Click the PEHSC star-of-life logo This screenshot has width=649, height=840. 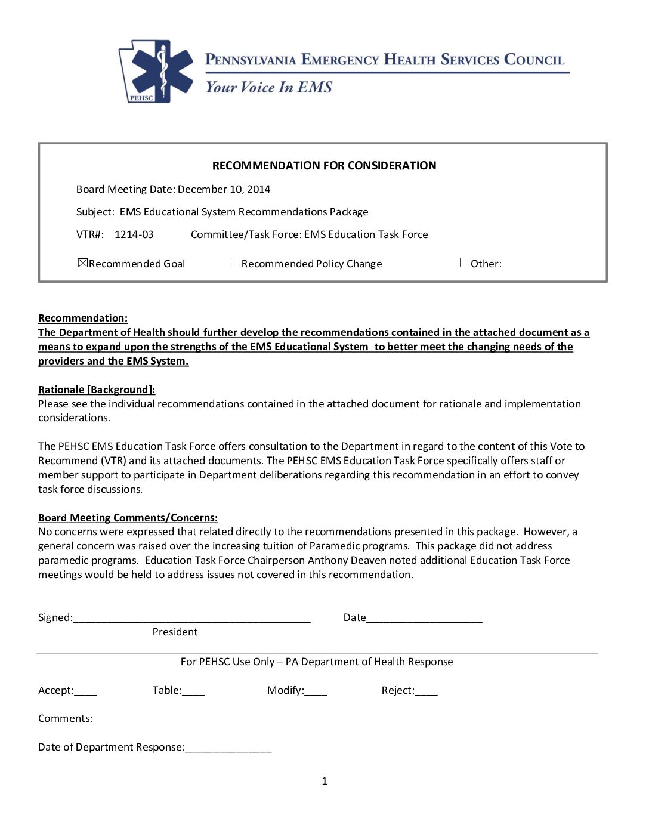coord(157,72)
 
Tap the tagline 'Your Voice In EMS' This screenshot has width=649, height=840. coord(268,87)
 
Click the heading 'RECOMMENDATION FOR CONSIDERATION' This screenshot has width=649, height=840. coord(324,166)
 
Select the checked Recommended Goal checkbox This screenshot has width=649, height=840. coord(83,262)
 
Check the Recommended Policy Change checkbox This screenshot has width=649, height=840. coord(236,262)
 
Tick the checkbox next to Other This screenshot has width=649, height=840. coord(465,262)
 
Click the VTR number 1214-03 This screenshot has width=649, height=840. coord(134,234)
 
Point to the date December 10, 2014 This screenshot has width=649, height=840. coord(224,189)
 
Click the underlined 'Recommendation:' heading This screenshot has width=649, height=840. coord(83,318)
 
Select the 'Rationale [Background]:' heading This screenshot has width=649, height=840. coord(97,390)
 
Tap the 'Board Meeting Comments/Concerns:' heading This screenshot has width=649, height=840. coord(128,518)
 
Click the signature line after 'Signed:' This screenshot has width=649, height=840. coord(191,619)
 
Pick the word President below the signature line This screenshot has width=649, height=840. coord(175,632)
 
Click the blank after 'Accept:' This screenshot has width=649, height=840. coord(86,691)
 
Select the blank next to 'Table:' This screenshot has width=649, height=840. coord(193,691)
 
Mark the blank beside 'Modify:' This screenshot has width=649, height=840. coord(316,691)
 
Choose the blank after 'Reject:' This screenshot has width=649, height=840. coord(427,691)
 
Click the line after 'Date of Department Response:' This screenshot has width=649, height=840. coord(228,748)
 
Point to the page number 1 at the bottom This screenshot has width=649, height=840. coord(324,781)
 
